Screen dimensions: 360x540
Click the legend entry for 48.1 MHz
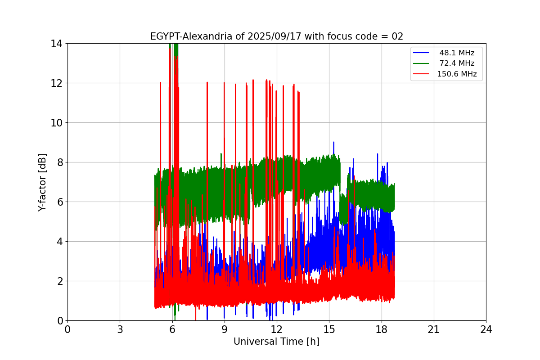457,53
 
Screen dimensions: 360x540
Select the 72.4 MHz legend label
457,63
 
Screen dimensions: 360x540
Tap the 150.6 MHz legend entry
457,74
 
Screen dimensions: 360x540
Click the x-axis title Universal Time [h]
276,342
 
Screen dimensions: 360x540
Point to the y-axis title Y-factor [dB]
43,182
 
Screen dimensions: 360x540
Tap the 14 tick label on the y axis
56,44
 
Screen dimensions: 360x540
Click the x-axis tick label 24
486,330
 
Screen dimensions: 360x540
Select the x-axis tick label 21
434,330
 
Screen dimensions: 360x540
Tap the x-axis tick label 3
120,330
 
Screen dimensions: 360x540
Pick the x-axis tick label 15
329,330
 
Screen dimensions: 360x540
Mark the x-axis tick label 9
225,330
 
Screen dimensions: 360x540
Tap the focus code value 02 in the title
397,37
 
